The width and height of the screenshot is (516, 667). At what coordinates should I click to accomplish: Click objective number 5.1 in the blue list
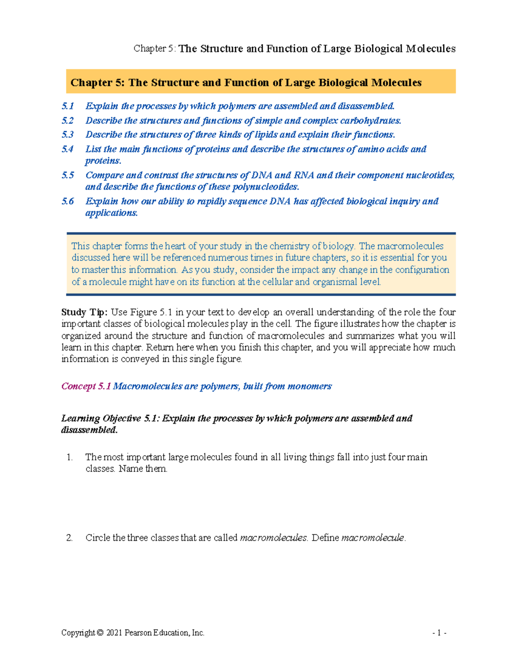click(68, 106)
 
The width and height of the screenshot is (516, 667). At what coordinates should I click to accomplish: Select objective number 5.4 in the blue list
click(68, 149)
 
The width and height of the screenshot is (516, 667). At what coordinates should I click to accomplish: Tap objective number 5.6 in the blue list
click(68, 201)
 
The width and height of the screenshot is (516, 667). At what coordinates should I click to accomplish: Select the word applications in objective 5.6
click(111, 213)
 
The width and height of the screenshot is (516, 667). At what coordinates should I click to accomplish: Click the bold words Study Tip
click(84, 312)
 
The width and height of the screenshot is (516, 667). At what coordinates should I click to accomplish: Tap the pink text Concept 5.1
click(86, 386)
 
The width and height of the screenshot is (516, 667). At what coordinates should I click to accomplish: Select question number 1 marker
click(70, 457)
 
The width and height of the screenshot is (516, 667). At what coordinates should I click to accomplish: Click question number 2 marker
click(70, 538)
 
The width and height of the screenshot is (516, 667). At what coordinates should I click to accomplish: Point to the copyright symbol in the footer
click(100, 633)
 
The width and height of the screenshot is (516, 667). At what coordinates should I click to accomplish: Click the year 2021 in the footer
click(114, 633)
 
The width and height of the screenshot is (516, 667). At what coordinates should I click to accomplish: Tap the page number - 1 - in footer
click(439, 633)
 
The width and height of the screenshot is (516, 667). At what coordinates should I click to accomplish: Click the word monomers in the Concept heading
click(309, 386)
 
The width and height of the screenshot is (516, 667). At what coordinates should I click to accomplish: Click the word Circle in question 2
click(98, 538)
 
